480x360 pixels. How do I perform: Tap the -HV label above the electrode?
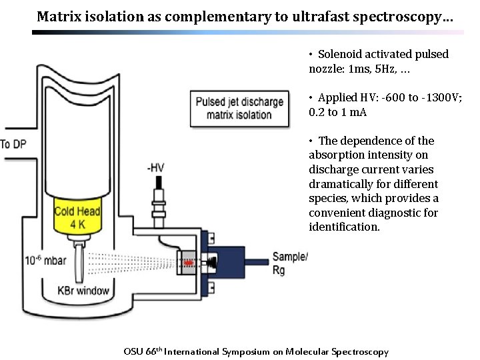coord(157,168)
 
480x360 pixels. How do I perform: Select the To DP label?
coord(15,144)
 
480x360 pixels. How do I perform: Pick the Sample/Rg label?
coord(290,263)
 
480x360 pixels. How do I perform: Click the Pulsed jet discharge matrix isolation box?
coord(239,108)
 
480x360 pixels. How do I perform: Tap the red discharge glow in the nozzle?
coord(189,263)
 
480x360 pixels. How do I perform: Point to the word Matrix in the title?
coord(57,16)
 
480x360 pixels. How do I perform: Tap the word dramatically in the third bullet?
coord(340,184)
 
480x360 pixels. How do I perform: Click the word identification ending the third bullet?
coord(344,227)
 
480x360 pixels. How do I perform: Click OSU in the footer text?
coord(133,351)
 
